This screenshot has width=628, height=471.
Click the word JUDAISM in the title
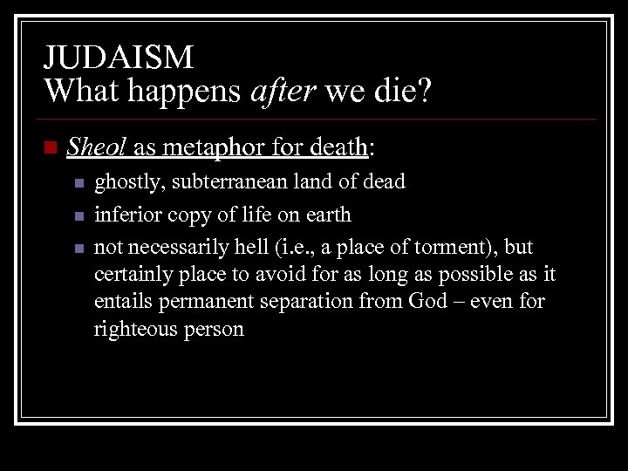coord(119,58)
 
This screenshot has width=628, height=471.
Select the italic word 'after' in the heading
coord(287,89)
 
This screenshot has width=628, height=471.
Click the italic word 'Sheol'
coord(97,148)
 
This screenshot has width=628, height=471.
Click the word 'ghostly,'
coord(126,182)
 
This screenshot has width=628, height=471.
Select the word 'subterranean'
coord(224,182)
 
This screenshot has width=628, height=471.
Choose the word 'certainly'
coord(132,274)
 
